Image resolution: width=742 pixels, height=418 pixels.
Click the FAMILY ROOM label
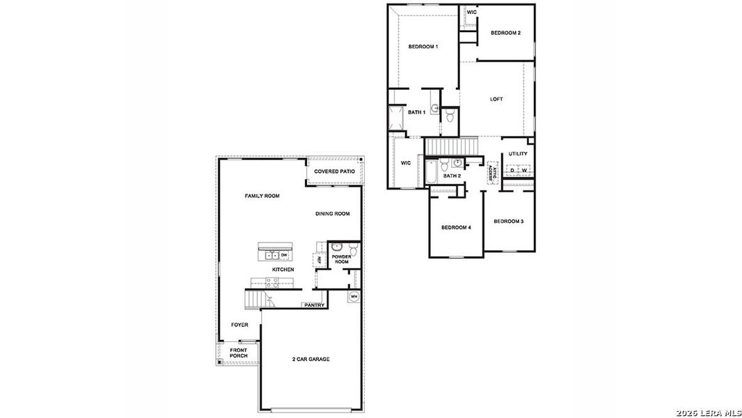262,196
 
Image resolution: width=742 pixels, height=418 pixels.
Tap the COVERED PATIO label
334,171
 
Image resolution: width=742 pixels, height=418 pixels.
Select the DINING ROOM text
332,214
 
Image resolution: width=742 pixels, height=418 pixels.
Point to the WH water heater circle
354,297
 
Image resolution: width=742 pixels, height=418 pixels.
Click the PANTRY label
314,305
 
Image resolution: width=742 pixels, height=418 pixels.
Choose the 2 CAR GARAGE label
310,359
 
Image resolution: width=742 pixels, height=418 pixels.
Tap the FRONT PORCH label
239,353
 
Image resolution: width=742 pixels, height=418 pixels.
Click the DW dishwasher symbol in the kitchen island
284,255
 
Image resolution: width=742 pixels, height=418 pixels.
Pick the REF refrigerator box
319,260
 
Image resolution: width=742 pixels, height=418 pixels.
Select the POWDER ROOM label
341,259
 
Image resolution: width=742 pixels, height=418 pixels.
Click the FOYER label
239,325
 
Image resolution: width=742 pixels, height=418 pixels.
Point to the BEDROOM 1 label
423,47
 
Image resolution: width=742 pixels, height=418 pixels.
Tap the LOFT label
496,99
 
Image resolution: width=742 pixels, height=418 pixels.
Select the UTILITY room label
518,154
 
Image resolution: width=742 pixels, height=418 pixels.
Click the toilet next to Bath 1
450,115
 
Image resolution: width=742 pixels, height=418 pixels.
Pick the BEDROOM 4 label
456,228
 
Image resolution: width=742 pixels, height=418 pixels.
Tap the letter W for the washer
523,170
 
